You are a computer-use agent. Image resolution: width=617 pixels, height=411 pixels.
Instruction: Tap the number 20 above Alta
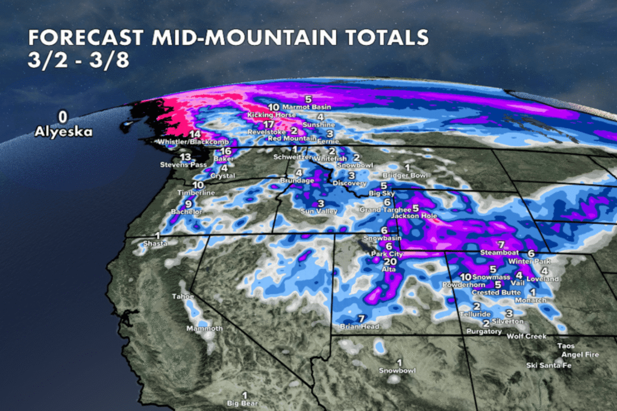[390, 262]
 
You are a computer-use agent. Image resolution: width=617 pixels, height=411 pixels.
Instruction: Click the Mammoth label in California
[204, 329]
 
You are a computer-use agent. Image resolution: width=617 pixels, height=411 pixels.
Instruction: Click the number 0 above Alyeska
[62, 116]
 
